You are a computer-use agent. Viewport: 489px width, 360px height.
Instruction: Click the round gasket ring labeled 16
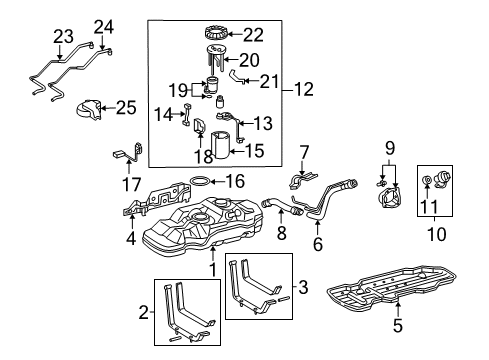(x=200, y=181)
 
